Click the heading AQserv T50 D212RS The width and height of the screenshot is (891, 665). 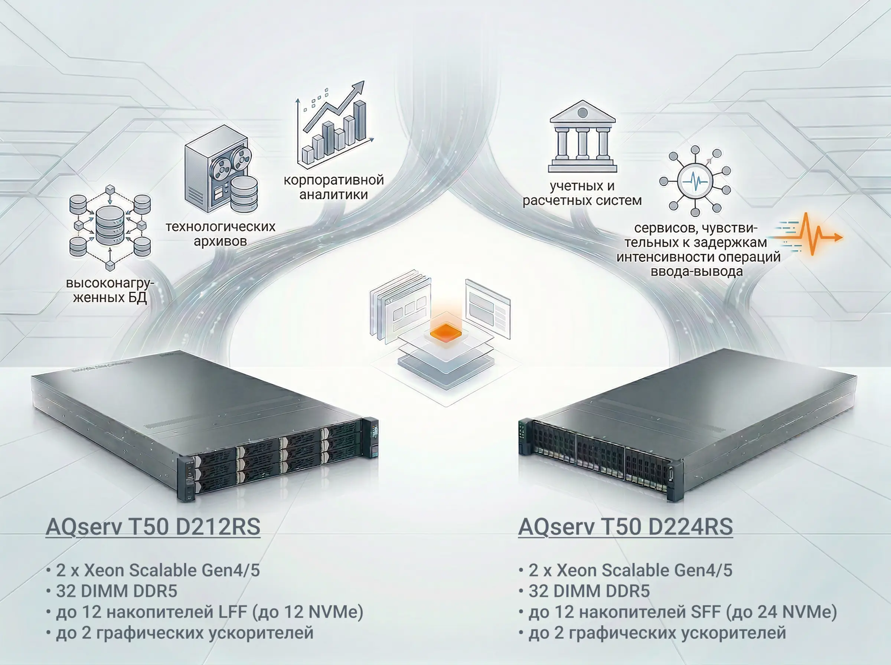pos(153,527)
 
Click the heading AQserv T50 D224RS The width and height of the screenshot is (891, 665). pos(625,527)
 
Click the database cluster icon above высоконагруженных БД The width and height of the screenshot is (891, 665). pos(110,227)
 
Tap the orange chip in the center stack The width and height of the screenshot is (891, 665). pos(446,332)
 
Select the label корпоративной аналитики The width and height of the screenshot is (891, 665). pos(334,187)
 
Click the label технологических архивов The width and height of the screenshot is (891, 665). pos(221,234)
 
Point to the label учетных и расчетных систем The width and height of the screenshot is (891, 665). pos(582,193)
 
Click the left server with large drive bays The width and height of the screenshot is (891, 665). pos(205,427)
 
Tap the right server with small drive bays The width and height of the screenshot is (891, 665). pos(685,427)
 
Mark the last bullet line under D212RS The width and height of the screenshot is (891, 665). pos(180,633)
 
